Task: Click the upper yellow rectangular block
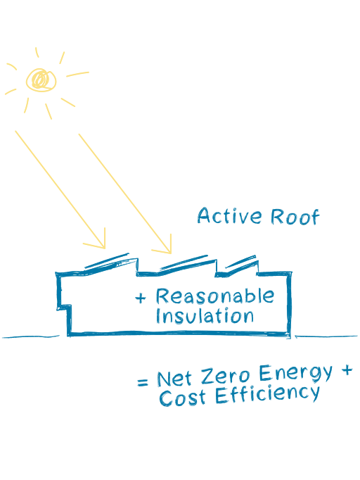click(190, 84)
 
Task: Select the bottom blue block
click(260, 387)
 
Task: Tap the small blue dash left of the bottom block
click(145, 383)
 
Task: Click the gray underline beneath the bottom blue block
click(176, 409)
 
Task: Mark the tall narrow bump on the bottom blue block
click(262, 365)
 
